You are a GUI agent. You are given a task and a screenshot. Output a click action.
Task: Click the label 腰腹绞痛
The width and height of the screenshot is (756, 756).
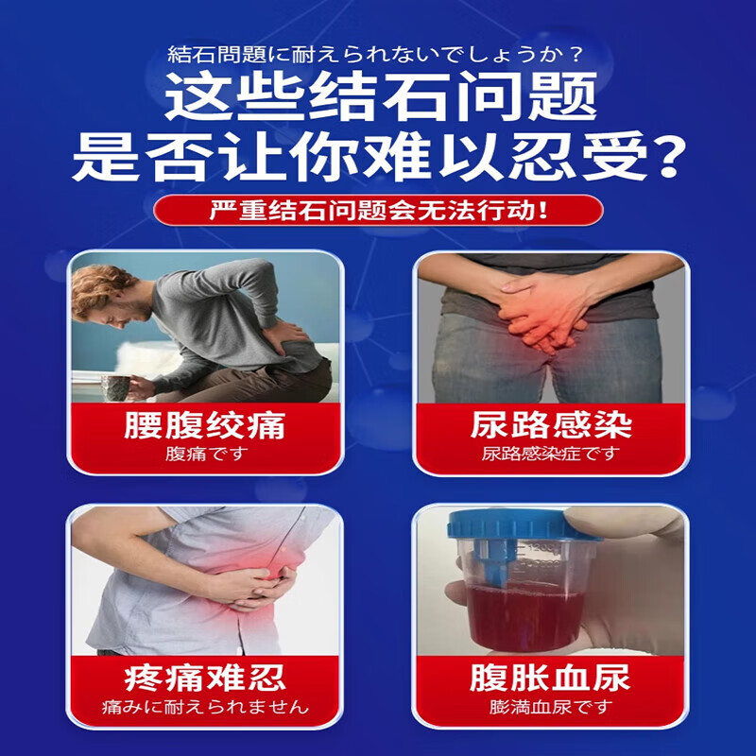click(204, 424)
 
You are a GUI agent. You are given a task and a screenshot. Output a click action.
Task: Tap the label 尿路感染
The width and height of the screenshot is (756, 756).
click(551, 424)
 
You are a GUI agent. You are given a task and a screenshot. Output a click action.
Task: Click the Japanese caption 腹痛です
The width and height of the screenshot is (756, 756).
click(204, 454)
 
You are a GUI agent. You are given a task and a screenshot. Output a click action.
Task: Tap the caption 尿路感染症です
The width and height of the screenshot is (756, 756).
click(551, 454)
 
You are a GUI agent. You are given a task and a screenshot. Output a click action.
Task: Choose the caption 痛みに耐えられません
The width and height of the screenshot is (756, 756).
click(204, 707)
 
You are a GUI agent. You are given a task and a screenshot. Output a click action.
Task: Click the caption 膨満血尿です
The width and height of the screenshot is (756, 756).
click(551, 707)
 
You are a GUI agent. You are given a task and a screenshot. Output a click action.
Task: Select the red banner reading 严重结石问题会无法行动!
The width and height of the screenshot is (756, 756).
click(378, 209)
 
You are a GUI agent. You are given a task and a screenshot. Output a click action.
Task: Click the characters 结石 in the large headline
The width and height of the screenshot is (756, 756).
click(378, 96)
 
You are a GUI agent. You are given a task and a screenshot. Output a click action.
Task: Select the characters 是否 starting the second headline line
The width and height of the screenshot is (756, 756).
click(146, 158)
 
